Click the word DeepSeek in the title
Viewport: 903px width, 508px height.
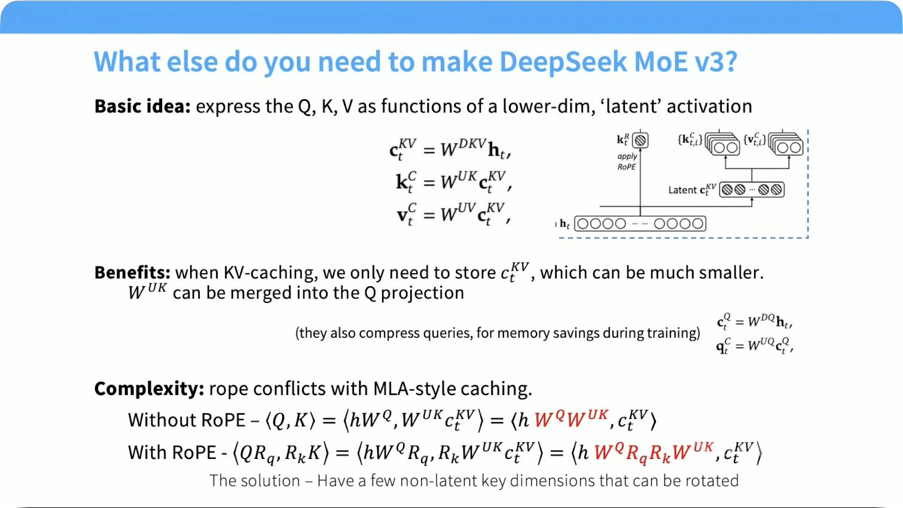click(563, 62)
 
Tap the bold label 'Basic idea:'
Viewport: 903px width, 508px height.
click(142, 106)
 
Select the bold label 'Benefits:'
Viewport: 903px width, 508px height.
click(133, 273)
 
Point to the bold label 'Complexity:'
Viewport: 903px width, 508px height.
click(149, 389)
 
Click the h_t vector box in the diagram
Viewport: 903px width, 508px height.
click(640, 224)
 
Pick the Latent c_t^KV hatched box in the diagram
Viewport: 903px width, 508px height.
click(752, 189)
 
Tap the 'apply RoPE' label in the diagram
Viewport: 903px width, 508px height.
click(627, 161)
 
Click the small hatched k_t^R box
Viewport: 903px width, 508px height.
click(640, 140)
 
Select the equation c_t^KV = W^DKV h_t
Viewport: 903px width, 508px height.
click(450, 149)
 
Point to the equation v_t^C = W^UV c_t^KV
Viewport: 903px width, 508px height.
click(453, 214)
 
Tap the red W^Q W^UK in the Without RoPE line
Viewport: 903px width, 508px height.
click(571, 420)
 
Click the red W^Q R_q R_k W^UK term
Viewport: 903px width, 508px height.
click(654, 453)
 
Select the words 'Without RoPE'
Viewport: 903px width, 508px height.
click(187, 420)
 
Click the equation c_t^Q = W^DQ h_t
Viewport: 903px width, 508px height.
click(755, 322)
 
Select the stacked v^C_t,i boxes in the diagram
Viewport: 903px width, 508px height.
click(786, 143)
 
